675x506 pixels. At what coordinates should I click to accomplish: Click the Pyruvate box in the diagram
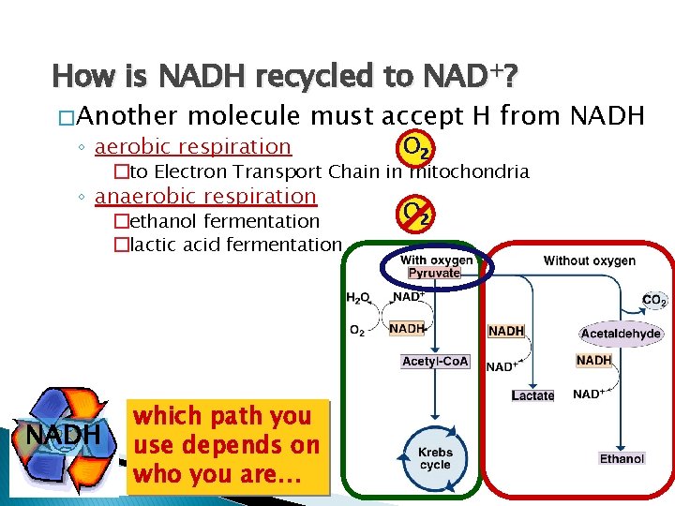tap(433, 273)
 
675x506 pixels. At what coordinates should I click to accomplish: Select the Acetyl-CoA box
tap(435, 362)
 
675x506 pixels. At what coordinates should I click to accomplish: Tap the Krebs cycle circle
tap(435, 458)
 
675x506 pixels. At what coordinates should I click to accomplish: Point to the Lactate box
tap(532, 395)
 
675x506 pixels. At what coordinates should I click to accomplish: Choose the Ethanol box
tap(622, 458)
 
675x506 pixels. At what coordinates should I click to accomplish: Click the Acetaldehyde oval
tap(621, 333)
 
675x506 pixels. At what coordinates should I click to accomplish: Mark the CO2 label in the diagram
tap(654, 301)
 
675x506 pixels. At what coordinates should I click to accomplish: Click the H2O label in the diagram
tap(357, 298)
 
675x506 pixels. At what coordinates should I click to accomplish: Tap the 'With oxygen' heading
tap(436, 260)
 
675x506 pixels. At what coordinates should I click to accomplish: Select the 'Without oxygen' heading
tap(589, 260)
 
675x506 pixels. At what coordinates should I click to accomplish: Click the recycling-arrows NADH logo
tap(63, 432)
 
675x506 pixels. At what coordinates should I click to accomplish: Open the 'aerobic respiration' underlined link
tap(193, 146)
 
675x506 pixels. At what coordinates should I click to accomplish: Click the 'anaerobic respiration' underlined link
tap(205, 196)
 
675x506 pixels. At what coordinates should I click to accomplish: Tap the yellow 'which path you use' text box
tap(226, 445)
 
